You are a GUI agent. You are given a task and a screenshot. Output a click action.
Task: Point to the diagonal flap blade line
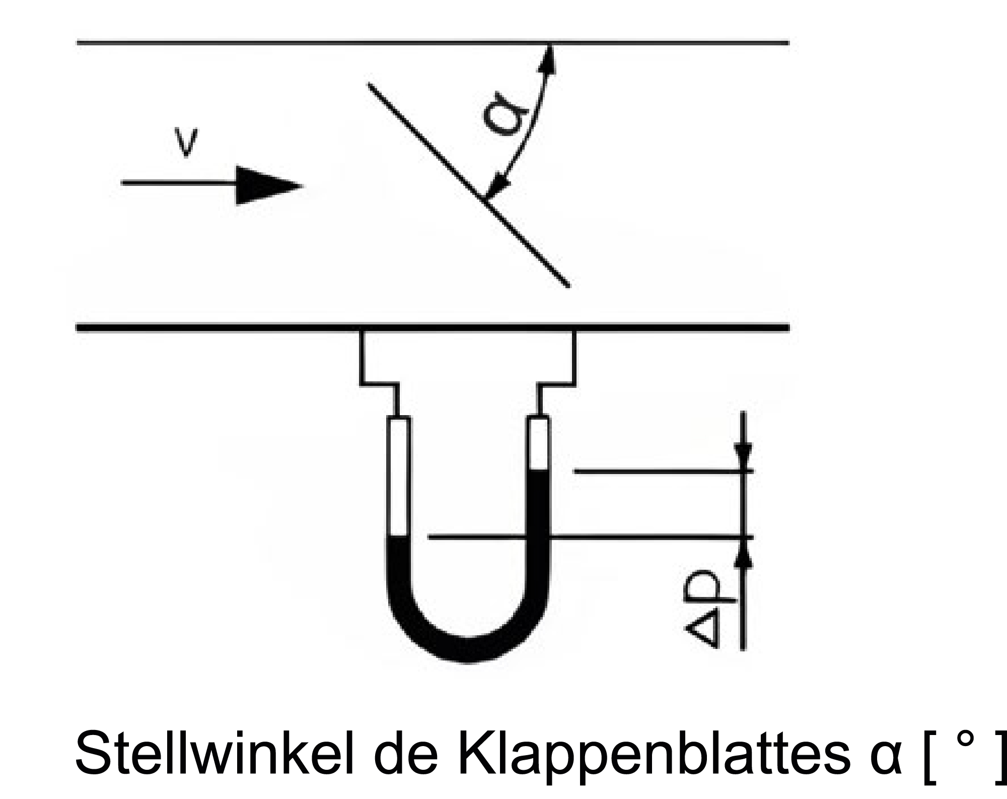468,185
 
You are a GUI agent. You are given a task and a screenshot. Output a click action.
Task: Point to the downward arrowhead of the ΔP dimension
743,456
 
